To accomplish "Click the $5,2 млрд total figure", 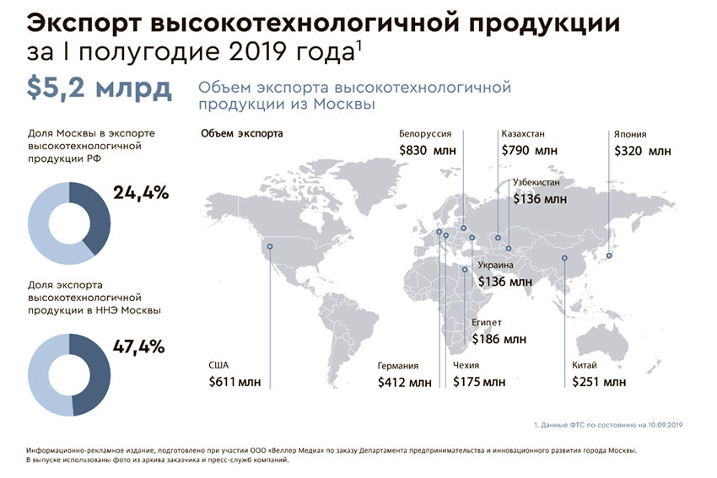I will coord(100,88).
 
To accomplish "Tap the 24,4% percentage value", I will coord(140,192).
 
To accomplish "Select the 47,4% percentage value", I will coord(140,346).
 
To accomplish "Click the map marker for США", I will coord(270,247).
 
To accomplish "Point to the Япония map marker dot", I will coord(609,255).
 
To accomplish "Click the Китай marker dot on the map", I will coord(564,259).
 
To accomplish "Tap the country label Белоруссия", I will coord(425,134).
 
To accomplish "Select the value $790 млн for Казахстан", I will coord(529,151).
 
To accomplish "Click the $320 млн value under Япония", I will coord(644,152).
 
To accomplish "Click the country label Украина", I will coord(495,266).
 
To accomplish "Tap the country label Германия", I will coord(399,366).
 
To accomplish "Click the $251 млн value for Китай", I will coord(599,382).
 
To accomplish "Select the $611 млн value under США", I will coord(235,382).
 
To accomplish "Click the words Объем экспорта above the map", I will coord(241,134).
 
